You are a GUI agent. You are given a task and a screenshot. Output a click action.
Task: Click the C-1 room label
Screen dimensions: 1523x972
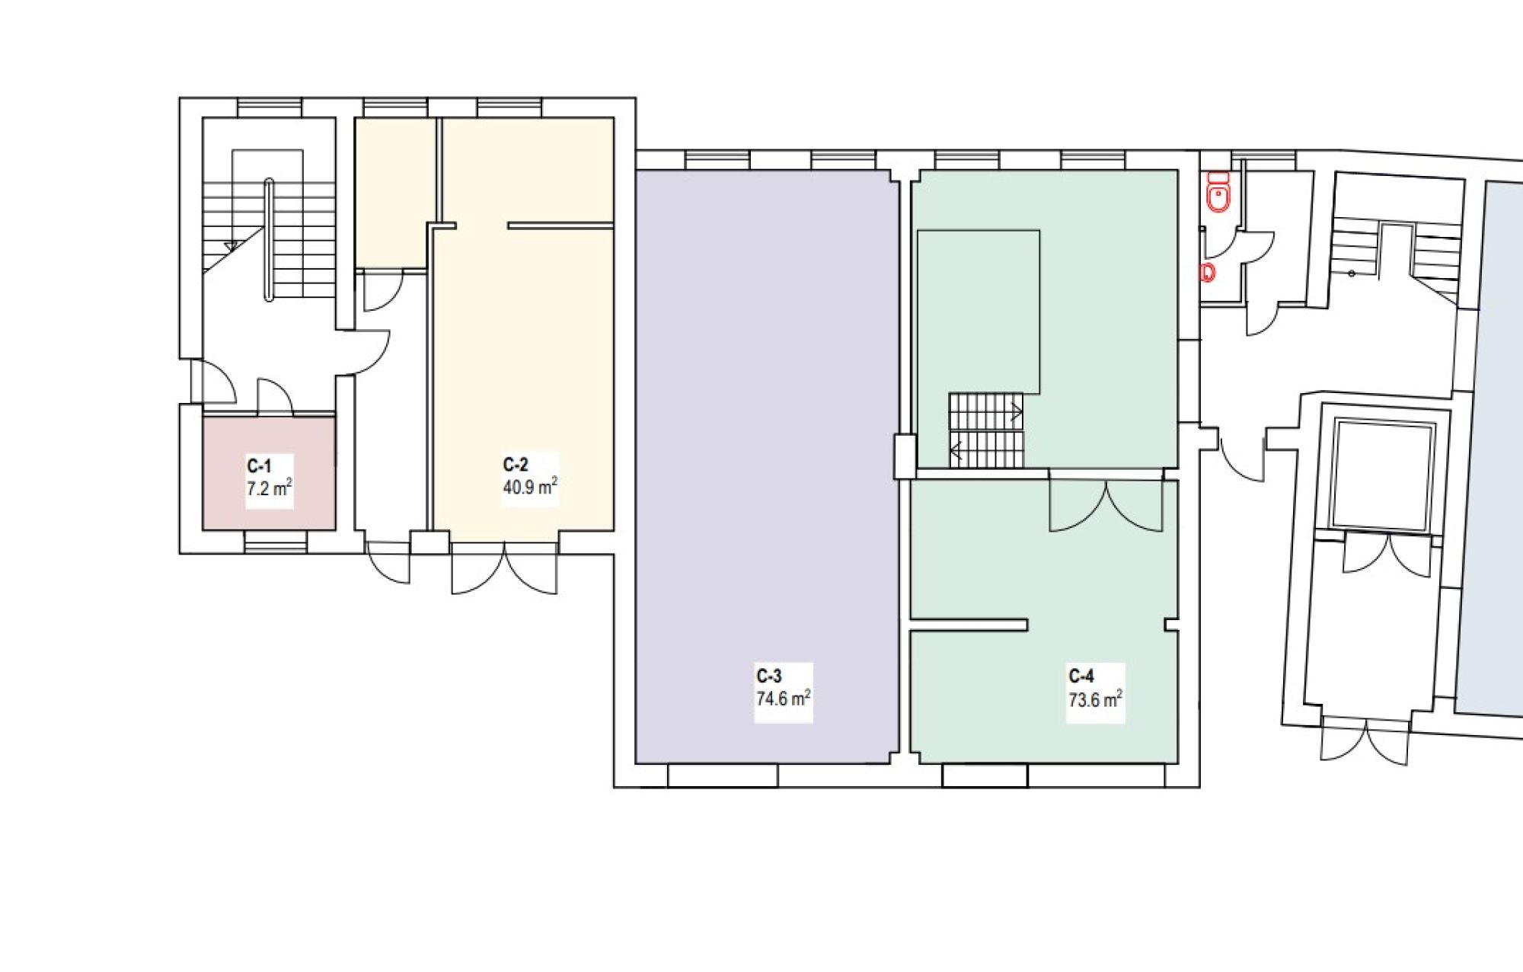(259, 466)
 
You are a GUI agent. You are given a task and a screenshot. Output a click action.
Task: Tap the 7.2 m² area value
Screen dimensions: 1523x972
(270, 488)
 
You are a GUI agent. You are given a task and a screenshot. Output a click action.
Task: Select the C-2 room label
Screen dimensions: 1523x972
(516, 465)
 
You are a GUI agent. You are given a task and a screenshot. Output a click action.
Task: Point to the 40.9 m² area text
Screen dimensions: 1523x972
(530, 486)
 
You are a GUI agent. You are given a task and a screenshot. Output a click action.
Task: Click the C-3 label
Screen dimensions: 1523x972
(769, 676)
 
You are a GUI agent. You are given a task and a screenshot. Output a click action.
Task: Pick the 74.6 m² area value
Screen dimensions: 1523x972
(784, 698)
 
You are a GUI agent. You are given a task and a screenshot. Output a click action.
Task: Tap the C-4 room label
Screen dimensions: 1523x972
(1081, 676)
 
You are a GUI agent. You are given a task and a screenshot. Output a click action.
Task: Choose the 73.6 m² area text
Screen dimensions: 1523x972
(1096, 699)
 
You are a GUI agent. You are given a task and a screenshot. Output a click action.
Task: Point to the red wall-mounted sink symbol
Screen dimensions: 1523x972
(1206, 272)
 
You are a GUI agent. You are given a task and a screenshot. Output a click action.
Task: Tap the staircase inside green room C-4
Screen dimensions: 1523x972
(986, 430)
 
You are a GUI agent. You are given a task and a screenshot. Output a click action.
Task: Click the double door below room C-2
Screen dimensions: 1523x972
(504, 568)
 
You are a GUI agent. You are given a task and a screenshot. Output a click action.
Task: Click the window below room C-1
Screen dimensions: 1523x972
(276, 542)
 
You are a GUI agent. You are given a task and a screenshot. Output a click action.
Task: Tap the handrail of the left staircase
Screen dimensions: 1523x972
(268, 240)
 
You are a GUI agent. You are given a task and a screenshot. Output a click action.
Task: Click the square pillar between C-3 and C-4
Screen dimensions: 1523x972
(905, 456)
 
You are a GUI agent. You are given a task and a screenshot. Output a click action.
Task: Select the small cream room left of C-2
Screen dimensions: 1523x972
(395, 193)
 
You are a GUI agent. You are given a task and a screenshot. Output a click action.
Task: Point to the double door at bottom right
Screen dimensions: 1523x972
(1365, 739)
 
